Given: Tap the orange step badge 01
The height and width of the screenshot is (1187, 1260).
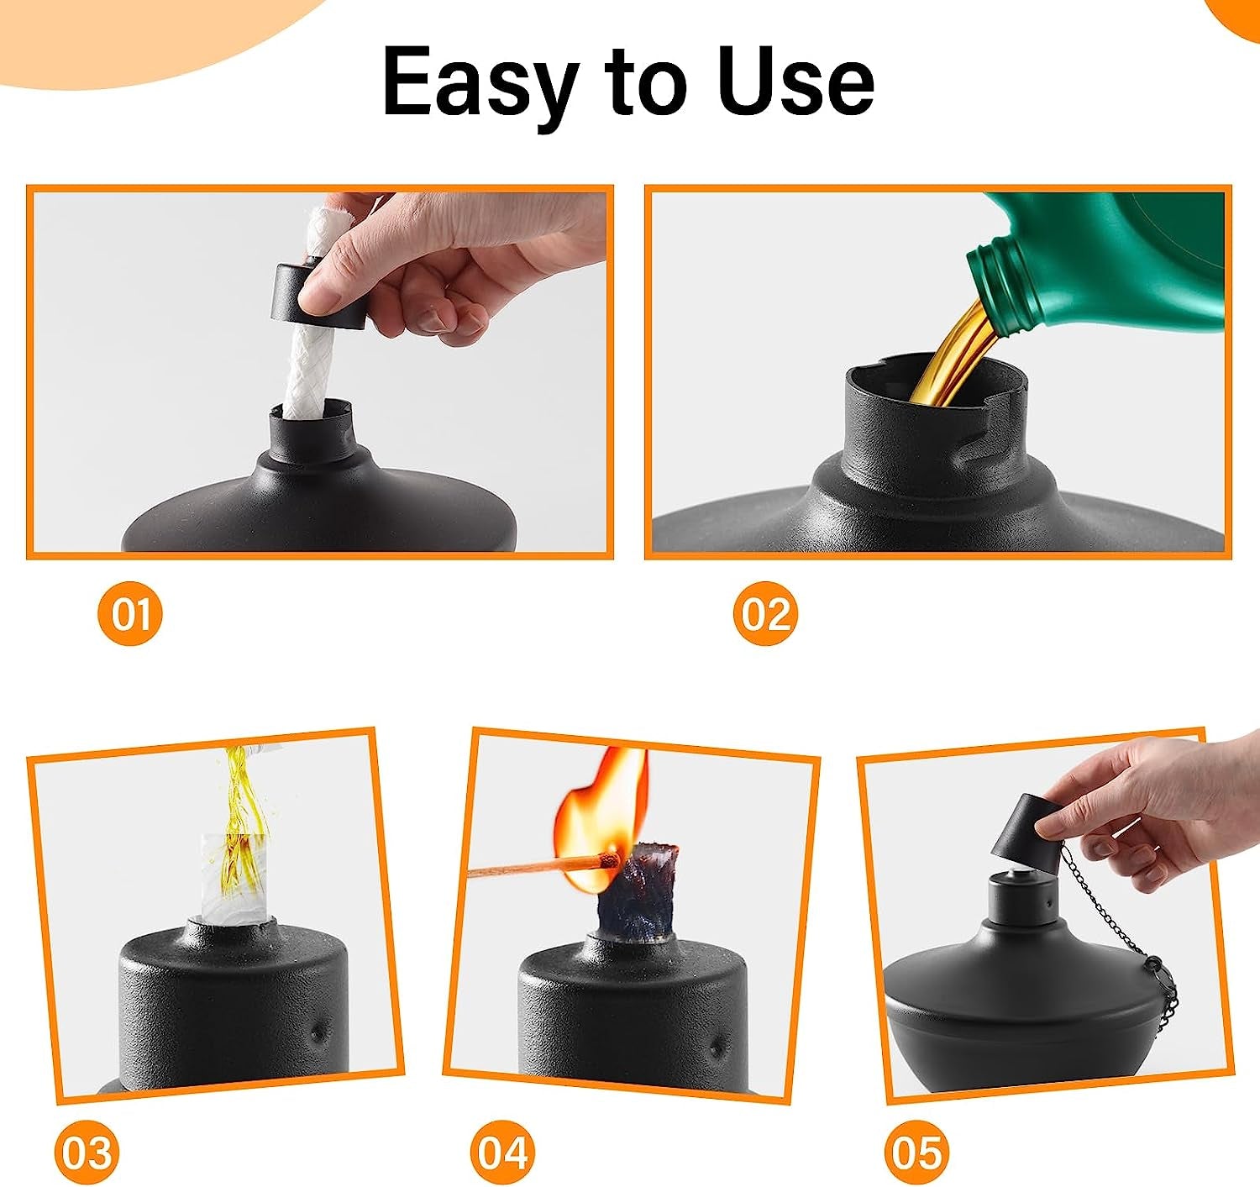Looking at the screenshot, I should pyautogui.click(x=129, y=614).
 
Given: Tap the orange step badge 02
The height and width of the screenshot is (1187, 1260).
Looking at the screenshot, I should pyautogui.click(x=764, y=614).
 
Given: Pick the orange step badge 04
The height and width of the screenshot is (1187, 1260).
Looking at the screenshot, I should pyautogui.click(x=501, y=1150).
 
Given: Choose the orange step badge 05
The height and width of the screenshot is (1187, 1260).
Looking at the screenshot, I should pyautogui.click(x=917, y=1150).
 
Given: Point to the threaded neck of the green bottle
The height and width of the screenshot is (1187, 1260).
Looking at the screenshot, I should pyautogui.click(x=1004, y=281).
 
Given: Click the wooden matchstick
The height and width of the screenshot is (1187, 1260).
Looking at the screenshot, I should pyautogui.click(x=538, y=867).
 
